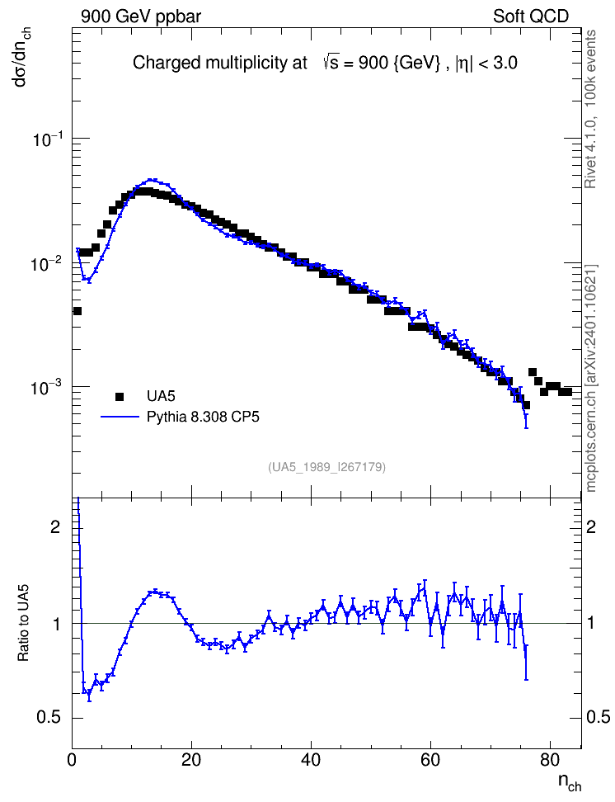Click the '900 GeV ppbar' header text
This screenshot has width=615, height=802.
click(x=141, y=17)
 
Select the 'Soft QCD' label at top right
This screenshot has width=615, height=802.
click(x=531, y=17)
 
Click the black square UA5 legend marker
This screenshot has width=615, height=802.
click(x=120, y=396)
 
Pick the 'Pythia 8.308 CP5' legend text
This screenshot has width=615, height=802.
click(x=203, y=417)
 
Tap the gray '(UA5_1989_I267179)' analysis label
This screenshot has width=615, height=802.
click(x=326, y=467)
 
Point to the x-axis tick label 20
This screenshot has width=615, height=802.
click(x=191, y=760)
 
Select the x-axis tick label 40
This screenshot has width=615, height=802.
click(x=311, y=760)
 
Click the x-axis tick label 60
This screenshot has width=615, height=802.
click(x=430, y=760)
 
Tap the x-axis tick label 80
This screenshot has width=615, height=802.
click(x=550, y=760)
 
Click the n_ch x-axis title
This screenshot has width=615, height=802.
click(x=570, y=782)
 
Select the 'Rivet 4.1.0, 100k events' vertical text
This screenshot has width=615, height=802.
click(x=590, y=109)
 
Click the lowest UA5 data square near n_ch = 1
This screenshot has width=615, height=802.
click(x=77, y=311)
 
